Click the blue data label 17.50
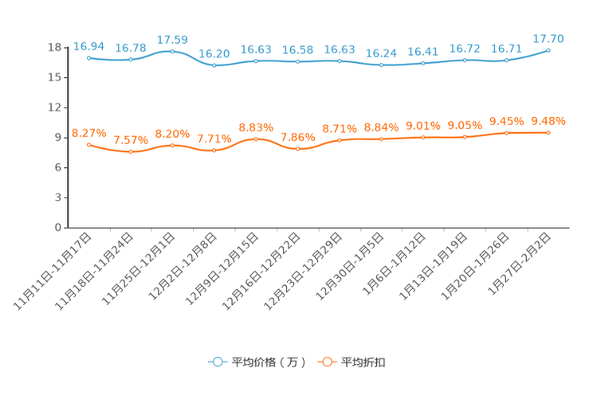coord(172,39)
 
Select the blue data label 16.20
coord(214,53)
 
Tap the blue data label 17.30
coord(548,38)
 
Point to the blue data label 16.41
coord(422,52)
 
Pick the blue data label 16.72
coord(465,48)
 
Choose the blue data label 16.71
coord(506,48)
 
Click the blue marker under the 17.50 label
coord(172,51)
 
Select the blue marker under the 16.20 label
coord(214,66)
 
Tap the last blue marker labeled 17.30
coord(548,50)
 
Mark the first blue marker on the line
coord(88,57)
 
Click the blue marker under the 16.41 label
coord(422,63)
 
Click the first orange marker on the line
coord(88,144)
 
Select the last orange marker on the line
coord(548,132)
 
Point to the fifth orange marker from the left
coord(256,138)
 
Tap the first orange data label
coord(88,132)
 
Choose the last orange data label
coord(548,121)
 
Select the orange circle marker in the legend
coord(326,362)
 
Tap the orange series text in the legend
coord(364,362)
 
